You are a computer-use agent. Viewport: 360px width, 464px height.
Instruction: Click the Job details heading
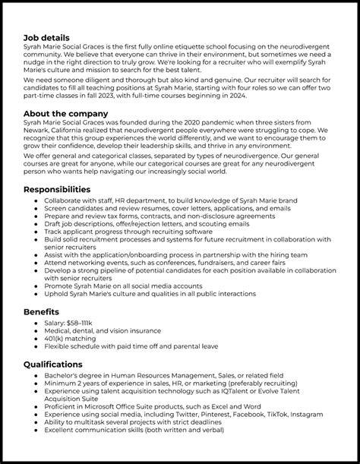pyautogui.click(x=46, y=37)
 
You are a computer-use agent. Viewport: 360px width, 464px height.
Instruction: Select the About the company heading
pyautogui.click(x=65, y=114)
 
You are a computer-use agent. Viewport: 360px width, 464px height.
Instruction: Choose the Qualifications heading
pyautogui.click(x=53, y=364)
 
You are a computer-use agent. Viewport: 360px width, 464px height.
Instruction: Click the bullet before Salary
pyautogui.click(x=38, y=323)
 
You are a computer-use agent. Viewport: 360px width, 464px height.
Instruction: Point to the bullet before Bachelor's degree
pyautogui.click(x=38, y=375)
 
